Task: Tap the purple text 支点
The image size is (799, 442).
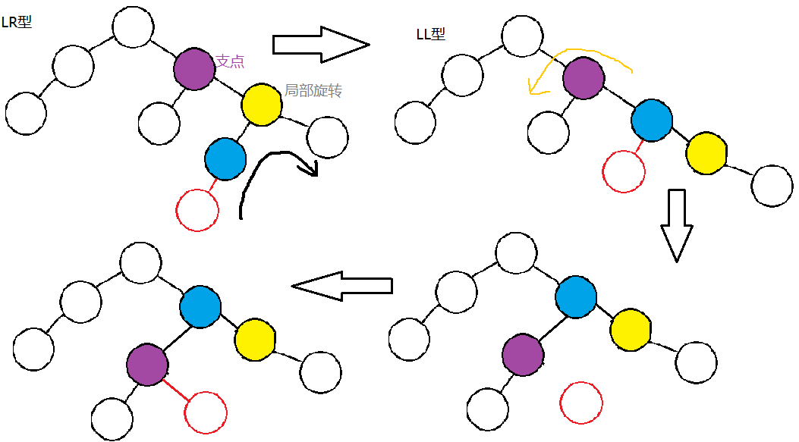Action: pos(230,61)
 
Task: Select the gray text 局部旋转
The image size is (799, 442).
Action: pos(313,91)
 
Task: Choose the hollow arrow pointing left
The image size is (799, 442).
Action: pos(342,286)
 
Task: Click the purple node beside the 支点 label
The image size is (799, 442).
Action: pos(194,70)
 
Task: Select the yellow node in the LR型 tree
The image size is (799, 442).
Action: pos(262,105)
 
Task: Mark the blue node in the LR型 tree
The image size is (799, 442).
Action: pos(225,158)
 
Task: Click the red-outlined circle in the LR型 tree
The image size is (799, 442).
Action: pos(197,209)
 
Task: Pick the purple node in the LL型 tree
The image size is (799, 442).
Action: pos(584,77)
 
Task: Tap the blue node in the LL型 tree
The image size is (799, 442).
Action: pos(652,119)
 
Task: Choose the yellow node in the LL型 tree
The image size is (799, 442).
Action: pos(706,152)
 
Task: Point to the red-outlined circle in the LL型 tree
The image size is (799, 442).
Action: pos(624,171)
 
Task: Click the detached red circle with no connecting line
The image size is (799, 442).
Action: pos(581,403)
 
